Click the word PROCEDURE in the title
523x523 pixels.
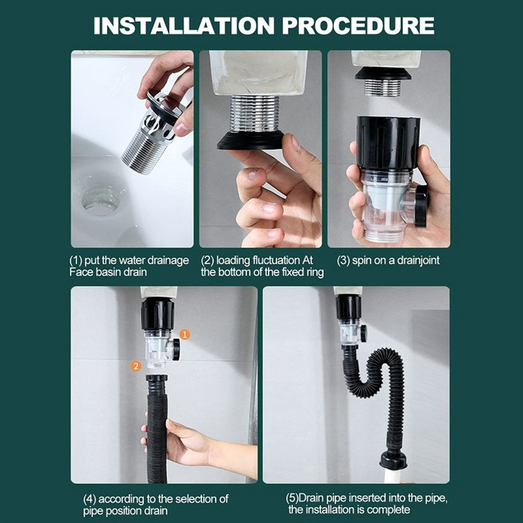coord(358,26)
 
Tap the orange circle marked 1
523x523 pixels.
coord(185,334)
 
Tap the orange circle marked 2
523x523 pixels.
coord(136,366)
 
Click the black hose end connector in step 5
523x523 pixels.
coord(394,459)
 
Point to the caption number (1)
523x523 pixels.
coord(76,261)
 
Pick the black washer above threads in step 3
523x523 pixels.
coord(383,73)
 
